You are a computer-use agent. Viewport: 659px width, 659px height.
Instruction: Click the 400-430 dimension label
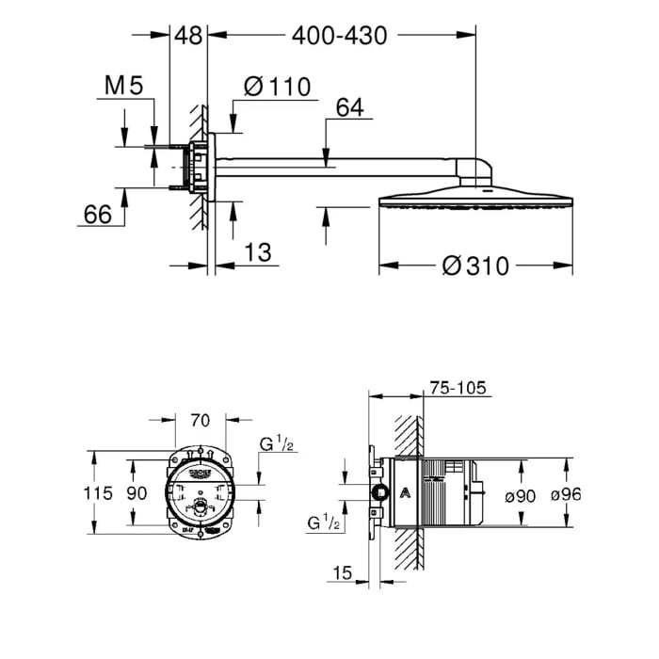(340, 37)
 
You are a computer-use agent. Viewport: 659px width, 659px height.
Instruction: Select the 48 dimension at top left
(188, 37)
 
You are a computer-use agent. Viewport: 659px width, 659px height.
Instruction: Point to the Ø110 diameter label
(276, 87)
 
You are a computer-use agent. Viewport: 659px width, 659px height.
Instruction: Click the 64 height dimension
(347, 107)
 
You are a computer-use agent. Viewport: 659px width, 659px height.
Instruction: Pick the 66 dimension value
(97, 215)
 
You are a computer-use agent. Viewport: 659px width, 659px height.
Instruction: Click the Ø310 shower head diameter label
(474, 266)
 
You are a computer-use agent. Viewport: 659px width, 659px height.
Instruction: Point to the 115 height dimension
(98, 492)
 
